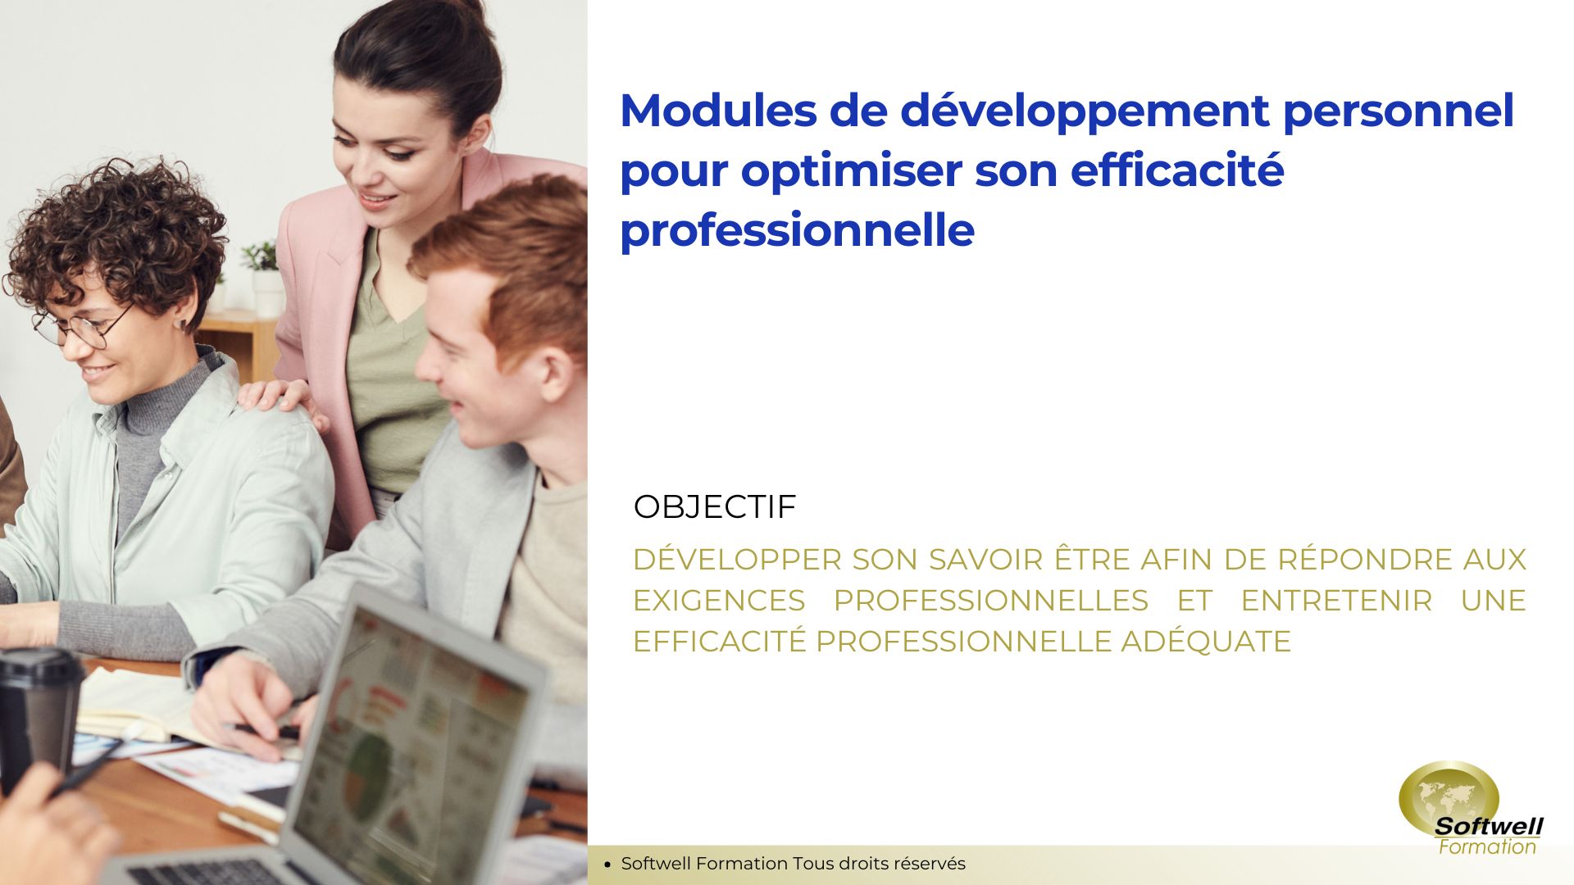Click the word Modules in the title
pyautogui.click(x=718, y=111)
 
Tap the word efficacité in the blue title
pyautogui.click(x=1177, y=170)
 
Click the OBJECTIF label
pyautogui.click(x=715, y=506)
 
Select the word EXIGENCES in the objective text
pyautogui.click(x=719, y=601)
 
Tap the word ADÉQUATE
pyautogui.click(x=1206, y=641)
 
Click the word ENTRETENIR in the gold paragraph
pyautogui.click(x=1336, y=601)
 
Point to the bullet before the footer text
pyautogui.click(x=607, y=864)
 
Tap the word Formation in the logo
pyautogui.click(x=1487, y=847)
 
